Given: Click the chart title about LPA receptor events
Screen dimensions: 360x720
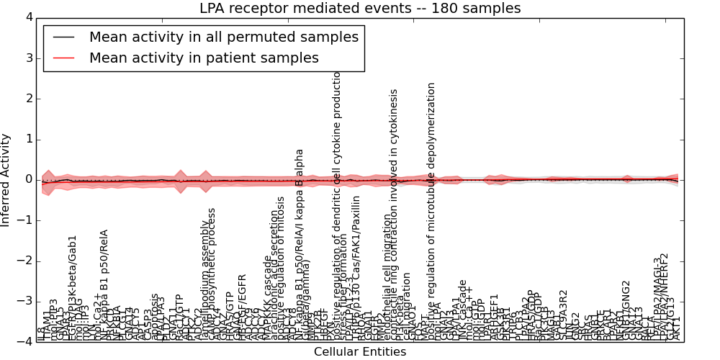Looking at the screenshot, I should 360,9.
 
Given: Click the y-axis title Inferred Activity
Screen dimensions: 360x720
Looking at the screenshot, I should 6,180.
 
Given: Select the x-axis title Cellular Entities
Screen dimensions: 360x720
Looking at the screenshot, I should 360,352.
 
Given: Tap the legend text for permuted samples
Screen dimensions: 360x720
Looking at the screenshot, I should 222,37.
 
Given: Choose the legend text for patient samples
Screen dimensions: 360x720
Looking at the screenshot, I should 204,58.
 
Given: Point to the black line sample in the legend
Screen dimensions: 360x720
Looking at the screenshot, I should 63,37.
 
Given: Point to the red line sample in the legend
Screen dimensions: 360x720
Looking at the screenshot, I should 63,58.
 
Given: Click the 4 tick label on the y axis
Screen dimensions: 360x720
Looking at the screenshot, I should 29,17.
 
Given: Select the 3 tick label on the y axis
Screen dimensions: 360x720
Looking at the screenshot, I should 29,58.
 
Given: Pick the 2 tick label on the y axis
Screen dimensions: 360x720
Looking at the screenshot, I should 29,99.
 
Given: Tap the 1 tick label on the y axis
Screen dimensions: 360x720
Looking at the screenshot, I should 29,139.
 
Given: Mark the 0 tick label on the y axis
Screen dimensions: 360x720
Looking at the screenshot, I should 29,179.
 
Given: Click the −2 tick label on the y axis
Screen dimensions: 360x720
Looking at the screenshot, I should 25,261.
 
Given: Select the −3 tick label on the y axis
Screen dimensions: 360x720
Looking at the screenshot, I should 25,301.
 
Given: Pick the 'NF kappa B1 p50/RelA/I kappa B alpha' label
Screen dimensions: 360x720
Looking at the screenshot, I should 300,245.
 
